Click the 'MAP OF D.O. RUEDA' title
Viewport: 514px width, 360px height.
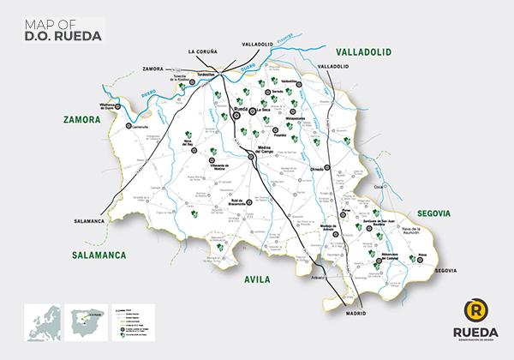(63, 31)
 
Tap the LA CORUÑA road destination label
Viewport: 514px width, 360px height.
(205, 51)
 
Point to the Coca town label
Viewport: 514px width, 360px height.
(379, 184)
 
